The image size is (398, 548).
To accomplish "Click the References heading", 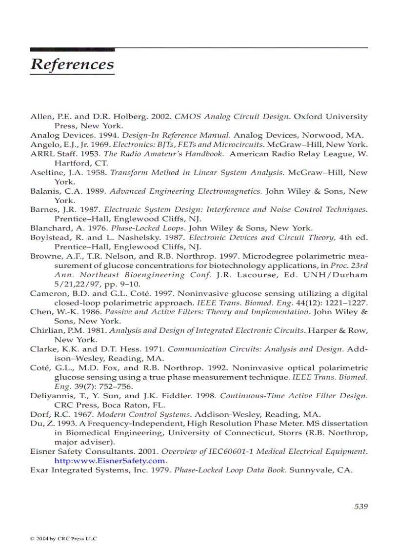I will pos(72,64).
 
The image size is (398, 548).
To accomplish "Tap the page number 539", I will pos(360,507).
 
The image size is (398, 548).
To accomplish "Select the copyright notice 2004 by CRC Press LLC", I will pos(63,539).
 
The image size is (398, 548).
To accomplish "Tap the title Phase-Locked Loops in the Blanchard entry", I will pos(148,228).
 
